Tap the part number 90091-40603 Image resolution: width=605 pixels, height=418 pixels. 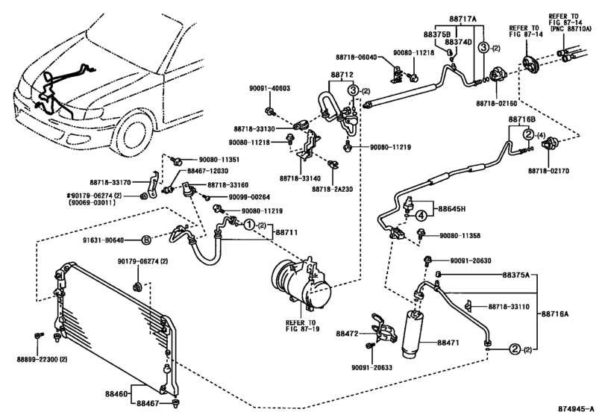point(269,88)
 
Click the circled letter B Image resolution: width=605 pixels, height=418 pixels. point(147,240)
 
